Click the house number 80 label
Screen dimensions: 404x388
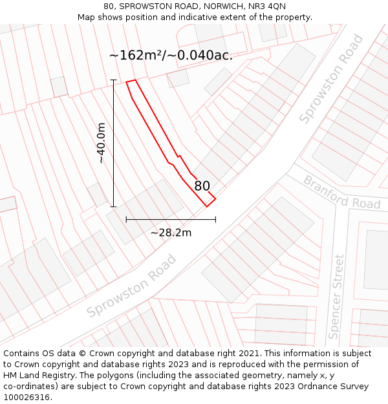click(202, 186)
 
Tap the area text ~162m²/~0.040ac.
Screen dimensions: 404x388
click(171, 56)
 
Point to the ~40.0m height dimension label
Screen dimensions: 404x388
click(102, 144)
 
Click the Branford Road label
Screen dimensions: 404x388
click(341, 193)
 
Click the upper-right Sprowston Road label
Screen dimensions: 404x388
click(331, 80)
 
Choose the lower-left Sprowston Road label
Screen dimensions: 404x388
click(131, 286)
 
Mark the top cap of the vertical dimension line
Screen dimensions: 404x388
click(113, 80)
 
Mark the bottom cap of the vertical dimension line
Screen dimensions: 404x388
click(113, 207)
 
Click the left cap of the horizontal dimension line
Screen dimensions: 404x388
click(126, 220)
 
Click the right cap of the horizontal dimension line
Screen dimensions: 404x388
click(215, 220)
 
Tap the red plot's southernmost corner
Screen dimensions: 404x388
click(207, 206)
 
